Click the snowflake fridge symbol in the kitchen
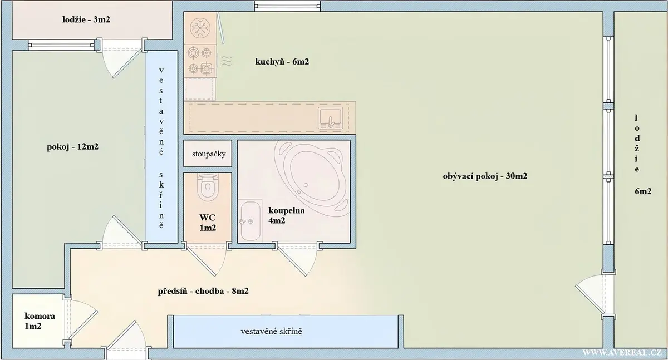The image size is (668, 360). click(x=200, y=28)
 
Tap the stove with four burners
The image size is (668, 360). click(x=200, y=61)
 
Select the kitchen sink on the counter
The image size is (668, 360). click(x=331, y=118)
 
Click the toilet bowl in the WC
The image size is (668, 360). click(x=208, y=187)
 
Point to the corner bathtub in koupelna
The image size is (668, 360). click(x=312, y=178)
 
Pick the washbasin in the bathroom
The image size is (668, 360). click(x=251, y=221)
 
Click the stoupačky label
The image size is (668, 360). click(x=209, y=154)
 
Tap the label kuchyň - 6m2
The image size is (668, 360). click(x=282, y=62)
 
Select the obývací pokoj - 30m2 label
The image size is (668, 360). click(x=485, y=176)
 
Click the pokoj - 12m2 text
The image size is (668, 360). click(x=72, y=147)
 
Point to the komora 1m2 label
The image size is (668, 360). click(x=40, y=321)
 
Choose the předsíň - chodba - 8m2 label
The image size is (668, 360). click(x=203, y=291)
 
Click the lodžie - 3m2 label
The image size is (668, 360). click(x=86, y=19)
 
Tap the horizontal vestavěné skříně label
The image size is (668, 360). click(x=272, y=332)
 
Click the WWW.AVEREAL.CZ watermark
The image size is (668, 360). click(x=622, y=353)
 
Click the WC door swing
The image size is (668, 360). click(x=206, y=260)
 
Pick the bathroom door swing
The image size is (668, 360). click(x=297, y=260)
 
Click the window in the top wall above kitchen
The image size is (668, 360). click(x=287, y=6)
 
